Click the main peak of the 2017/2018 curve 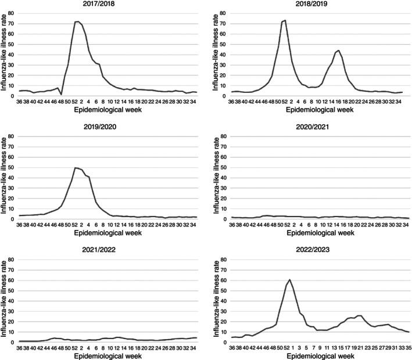click(77, 21)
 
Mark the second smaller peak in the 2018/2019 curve click(339, 51)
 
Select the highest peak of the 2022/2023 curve click(289, 280)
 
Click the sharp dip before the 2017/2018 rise click(61, 94)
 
